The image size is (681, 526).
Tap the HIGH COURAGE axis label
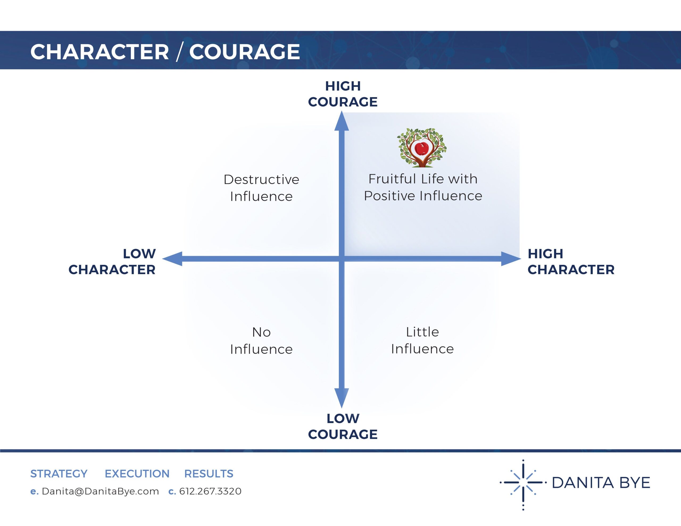click(343, 94)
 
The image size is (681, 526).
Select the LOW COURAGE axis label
click(343, 426)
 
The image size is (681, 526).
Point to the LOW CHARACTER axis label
click(112, 262)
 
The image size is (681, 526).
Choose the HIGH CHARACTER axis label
click(571, 262)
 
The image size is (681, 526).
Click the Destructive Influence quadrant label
click(261, 188)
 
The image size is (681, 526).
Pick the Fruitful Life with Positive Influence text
click(423, 187)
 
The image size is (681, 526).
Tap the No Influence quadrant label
click(261, 340)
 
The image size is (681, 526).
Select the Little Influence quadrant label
click(422, 340)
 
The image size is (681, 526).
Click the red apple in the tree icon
click(422, 149)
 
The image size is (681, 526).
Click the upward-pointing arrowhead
click(342, 122)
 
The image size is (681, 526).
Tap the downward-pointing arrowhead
click(342, 398)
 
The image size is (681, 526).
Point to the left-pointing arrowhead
click(172, 259)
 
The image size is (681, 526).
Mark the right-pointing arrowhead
click(510, 259)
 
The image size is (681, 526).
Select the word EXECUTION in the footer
click(137, 474)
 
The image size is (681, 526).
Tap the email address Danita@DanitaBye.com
click(100, 491)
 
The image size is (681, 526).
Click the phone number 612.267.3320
click(210, 491)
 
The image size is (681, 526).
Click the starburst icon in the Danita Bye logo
click(523, 482)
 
